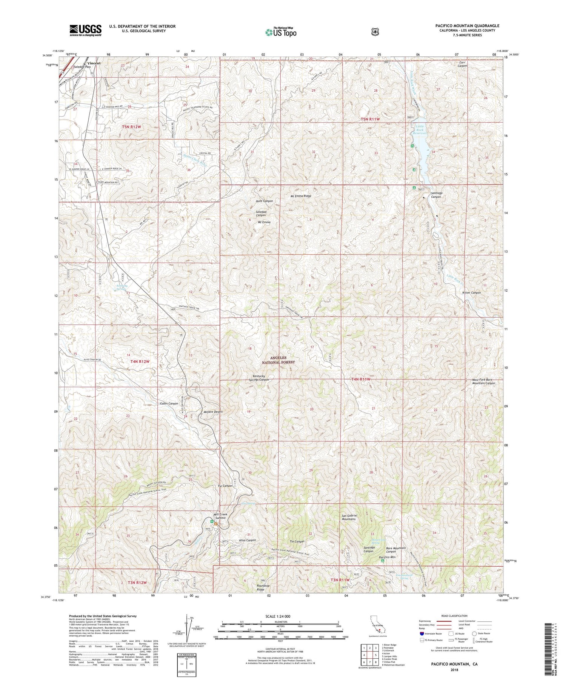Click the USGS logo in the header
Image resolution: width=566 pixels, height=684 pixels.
tap(85, 30)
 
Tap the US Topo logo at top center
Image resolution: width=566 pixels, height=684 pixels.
tap(281, 32)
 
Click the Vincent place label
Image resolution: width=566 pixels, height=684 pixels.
tap(94, 63)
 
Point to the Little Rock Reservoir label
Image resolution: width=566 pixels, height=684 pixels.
tap(420, 130)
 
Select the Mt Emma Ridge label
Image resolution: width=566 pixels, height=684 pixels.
tap(301, 196)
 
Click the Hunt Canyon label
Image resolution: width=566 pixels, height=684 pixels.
tap(264, 201)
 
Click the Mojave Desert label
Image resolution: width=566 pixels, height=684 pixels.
tap(213, 412)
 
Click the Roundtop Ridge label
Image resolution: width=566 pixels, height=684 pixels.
tap(263, 587)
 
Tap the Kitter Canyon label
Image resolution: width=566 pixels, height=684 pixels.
tap(471, 293)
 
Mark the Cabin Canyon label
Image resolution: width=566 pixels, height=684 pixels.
tap(169, 403)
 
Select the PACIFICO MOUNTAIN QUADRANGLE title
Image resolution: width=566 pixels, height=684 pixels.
tap(467, 26)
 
